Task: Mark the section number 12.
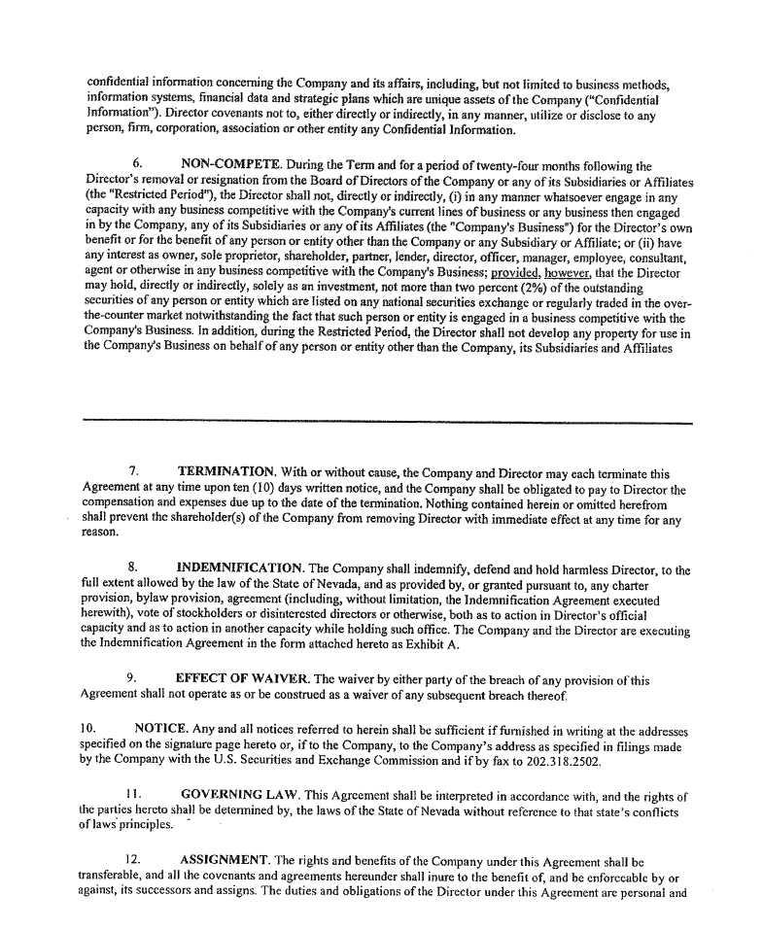pyautogui.click(x=134, y=860)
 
